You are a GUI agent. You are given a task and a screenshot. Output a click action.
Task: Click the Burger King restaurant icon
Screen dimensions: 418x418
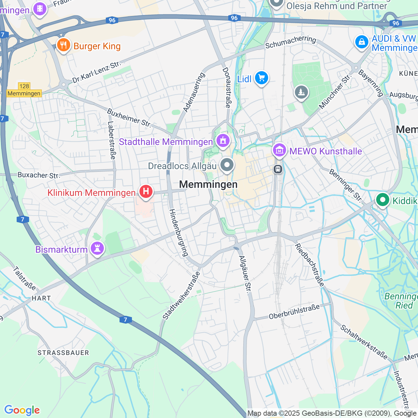(x=63, y=45)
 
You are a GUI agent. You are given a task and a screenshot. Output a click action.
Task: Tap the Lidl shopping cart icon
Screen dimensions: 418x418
(x=261, y=78)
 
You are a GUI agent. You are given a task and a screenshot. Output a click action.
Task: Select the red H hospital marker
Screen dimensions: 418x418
(x=146, y=191)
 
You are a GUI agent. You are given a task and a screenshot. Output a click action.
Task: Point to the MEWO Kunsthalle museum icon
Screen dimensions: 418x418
(x=280, y=151)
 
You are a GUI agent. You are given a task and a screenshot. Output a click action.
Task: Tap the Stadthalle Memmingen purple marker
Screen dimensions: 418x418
(x=223, y=141)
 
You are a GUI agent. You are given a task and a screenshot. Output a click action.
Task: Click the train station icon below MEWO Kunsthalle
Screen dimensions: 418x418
(x=278, y=169)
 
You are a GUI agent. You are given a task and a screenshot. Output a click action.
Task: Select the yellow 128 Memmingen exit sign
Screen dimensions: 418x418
(x=24, y=90)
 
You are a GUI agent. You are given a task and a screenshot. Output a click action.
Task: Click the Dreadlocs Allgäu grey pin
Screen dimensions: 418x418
(x=227, y=165)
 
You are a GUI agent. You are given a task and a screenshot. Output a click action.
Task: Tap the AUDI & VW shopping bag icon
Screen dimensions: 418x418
(x=362, y=42)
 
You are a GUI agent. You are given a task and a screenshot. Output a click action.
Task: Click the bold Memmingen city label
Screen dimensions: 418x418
(x=208, y=185)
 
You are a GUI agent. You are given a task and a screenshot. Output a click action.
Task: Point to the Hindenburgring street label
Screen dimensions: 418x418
(x=179, y=233)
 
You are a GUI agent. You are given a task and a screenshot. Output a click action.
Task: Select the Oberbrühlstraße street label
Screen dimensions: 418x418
(x=294, y=312)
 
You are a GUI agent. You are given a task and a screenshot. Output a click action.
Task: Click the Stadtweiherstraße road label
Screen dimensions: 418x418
(x=181, y=295)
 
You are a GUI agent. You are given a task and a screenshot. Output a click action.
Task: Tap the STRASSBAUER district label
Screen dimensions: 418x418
(x=63, y=353)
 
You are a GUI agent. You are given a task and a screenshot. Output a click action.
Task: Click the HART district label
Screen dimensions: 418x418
(x=41, y=298)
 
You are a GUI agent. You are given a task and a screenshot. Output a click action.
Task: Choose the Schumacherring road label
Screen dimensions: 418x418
(x=291, y=42)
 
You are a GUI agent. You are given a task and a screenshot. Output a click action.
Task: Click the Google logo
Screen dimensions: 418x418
(x=22, y=410)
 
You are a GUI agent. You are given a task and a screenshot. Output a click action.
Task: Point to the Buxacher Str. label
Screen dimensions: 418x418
(x=39, y=175)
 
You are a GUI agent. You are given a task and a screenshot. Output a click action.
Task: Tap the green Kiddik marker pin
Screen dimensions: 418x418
(x=382, y=200)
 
